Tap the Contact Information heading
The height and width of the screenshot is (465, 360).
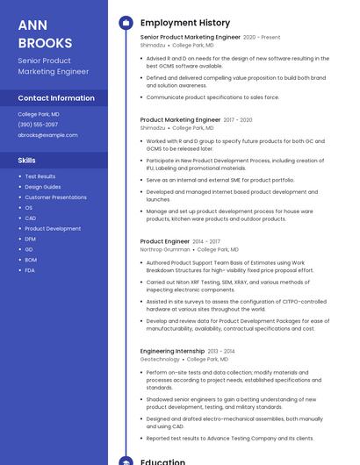56,98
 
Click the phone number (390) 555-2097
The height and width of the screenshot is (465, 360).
38,125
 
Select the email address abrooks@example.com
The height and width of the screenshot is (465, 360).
47,135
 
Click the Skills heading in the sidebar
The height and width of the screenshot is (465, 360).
27,161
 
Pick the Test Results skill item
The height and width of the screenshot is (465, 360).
40,176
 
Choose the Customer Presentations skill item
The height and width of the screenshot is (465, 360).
55,197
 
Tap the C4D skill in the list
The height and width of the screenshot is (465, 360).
30,218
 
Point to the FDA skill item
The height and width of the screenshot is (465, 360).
30,270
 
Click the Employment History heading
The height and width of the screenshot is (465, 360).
185,23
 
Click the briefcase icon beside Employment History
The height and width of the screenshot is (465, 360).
125,23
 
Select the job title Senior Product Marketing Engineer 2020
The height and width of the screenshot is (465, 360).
191,38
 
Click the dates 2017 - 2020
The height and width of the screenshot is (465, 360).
237,119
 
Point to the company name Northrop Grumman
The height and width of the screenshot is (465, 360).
164,249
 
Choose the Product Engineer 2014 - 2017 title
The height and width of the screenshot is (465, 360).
164,241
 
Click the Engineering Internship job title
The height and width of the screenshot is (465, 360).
172,351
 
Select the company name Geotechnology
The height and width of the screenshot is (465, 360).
160,359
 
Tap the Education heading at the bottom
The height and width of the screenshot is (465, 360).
162,461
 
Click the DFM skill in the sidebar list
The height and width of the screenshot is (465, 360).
30,239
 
